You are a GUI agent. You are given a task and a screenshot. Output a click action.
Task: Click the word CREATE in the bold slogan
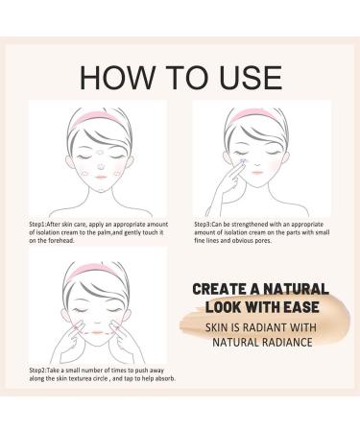(220, 287)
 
